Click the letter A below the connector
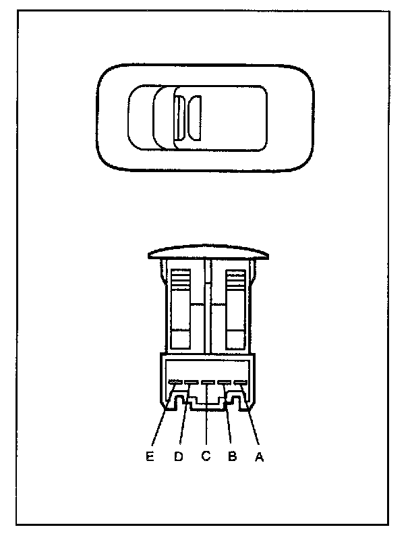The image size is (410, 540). coord(256,457)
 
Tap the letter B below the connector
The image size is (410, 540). coord(232,457)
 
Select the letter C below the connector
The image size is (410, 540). coord(206,457)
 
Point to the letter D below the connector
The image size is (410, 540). coord(179,457)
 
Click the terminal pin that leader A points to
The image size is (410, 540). coord(239,384)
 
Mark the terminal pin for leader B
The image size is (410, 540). coord(223,384)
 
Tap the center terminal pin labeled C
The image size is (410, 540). coord(207,384)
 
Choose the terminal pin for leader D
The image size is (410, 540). coord(191,384)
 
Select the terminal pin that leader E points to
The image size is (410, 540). coord(175,384)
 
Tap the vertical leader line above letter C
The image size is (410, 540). coord(206,425)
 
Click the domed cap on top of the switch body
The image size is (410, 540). coord(207,252)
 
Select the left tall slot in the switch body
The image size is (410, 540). coord(180,307)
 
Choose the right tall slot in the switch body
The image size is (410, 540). coord(235,307)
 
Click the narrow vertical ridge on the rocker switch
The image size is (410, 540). coord(179,118)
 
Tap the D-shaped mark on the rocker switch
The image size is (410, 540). coord(195,118)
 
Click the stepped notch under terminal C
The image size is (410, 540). coord(206,403)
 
